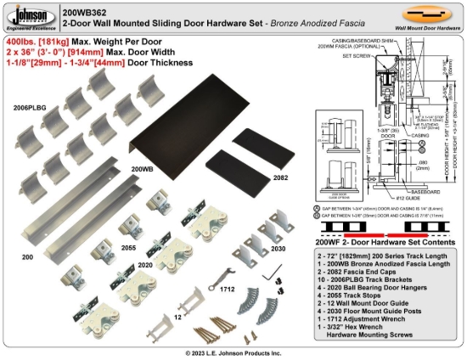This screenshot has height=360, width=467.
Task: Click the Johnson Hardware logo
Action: pyautogui.click(x=28, y=15)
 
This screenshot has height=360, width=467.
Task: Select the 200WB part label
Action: pyautogui.click(x=142, y=168)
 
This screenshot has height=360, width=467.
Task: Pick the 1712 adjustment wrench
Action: pyautogui.click(x=228, y=272)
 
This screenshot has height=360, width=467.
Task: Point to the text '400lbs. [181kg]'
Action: pyautogui.click(x=37, y=40)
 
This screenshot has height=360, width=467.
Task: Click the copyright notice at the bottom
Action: pyautogui.click(x=233, y=352)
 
